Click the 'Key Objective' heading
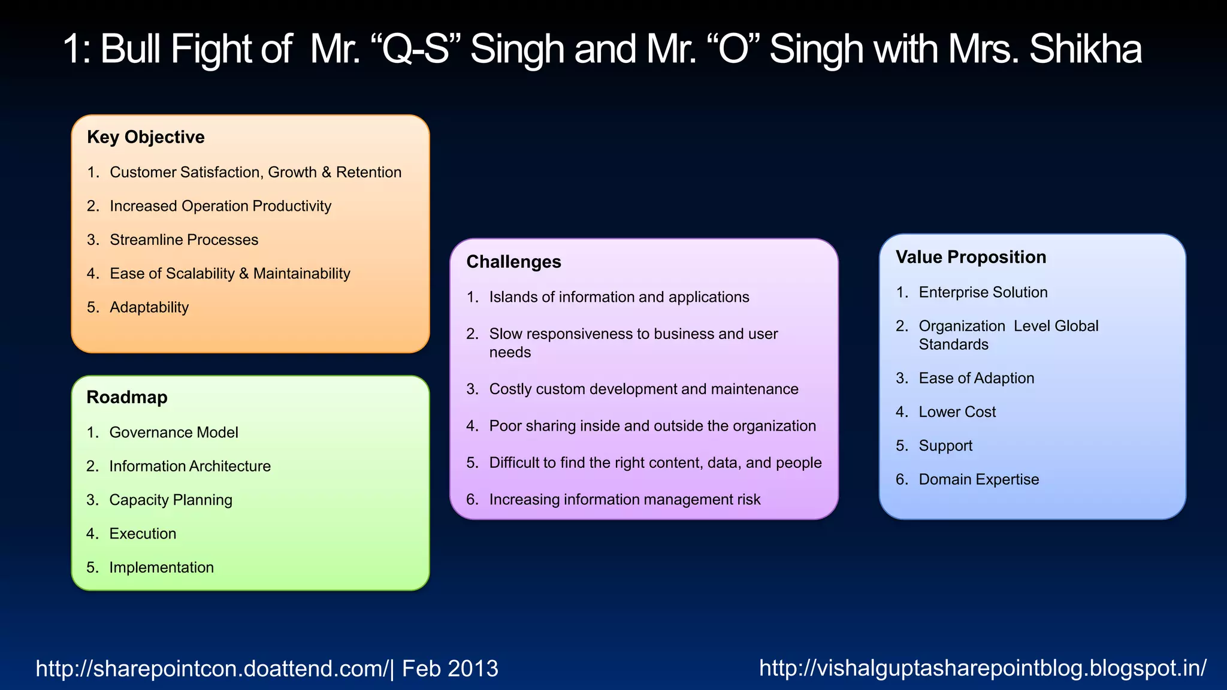[146, 137]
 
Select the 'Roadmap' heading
[127, 397]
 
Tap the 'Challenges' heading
[513, 262]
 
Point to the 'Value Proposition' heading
[971, 257]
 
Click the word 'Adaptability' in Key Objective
[149, 307]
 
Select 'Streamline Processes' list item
[184, 240]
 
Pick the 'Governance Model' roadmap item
[174, 432]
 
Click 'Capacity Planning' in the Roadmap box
[171, 500]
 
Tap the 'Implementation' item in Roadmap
[161, 567]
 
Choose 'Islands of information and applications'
[619, 297]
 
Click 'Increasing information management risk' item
[624, 500]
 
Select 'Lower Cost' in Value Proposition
[957, 412]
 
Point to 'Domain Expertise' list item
[978, 480]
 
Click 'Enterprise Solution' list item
[983, 292]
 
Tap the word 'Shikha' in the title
[1085, 49]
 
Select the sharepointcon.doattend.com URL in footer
[212, 668]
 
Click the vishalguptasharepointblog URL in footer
[983, 667]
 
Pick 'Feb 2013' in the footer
[450, 668]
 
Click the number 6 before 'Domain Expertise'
[901, 480]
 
